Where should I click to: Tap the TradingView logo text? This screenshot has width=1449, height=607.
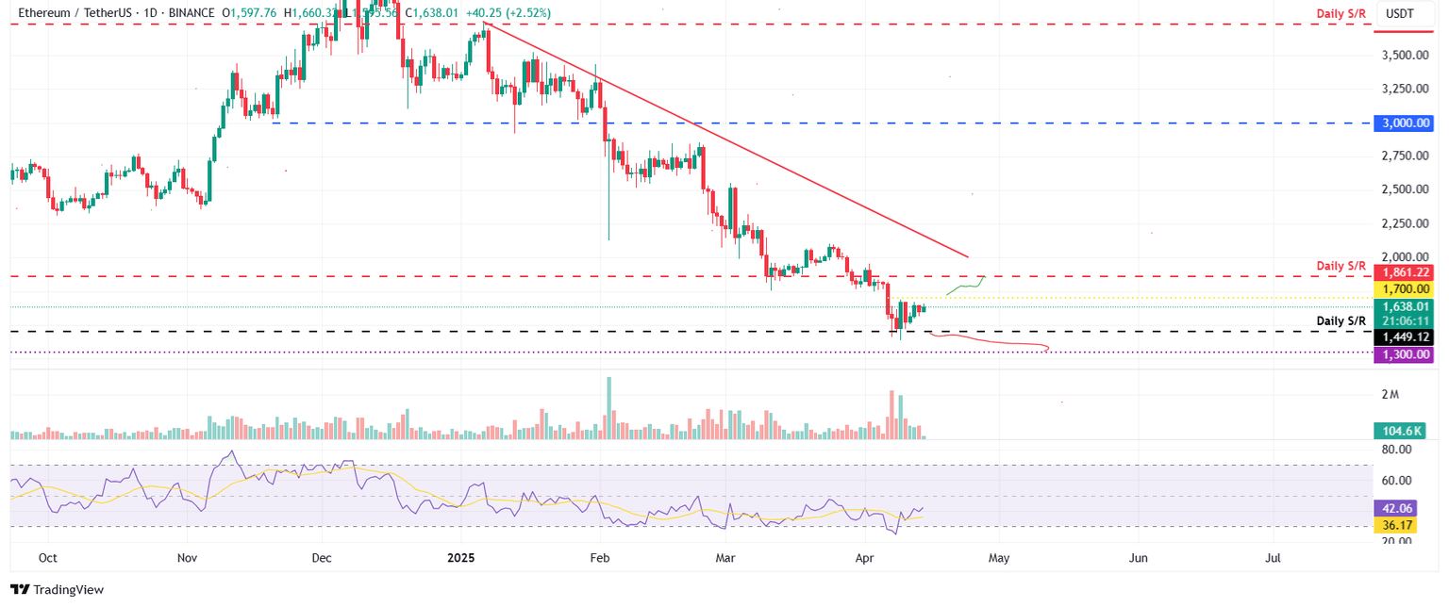(x=68, y=590)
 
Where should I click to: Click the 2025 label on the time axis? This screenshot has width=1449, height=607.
(x=460, y=558)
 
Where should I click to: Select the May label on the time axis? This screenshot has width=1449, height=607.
(x=999, y=558)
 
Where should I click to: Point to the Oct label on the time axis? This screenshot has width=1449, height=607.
(x=47, y=558)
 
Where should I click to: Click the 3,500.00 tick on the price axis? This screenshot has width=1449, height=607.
(x=1404, y=56)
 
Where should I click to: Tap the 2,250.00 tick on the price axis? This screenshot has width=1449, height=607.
(x=1404, y=223)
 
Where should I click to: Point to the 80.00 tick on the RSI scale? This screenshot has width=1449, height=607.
(x=1396, y=450)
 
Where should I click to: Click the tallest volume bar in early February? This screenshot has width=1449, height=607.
(x=608, y=408)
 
